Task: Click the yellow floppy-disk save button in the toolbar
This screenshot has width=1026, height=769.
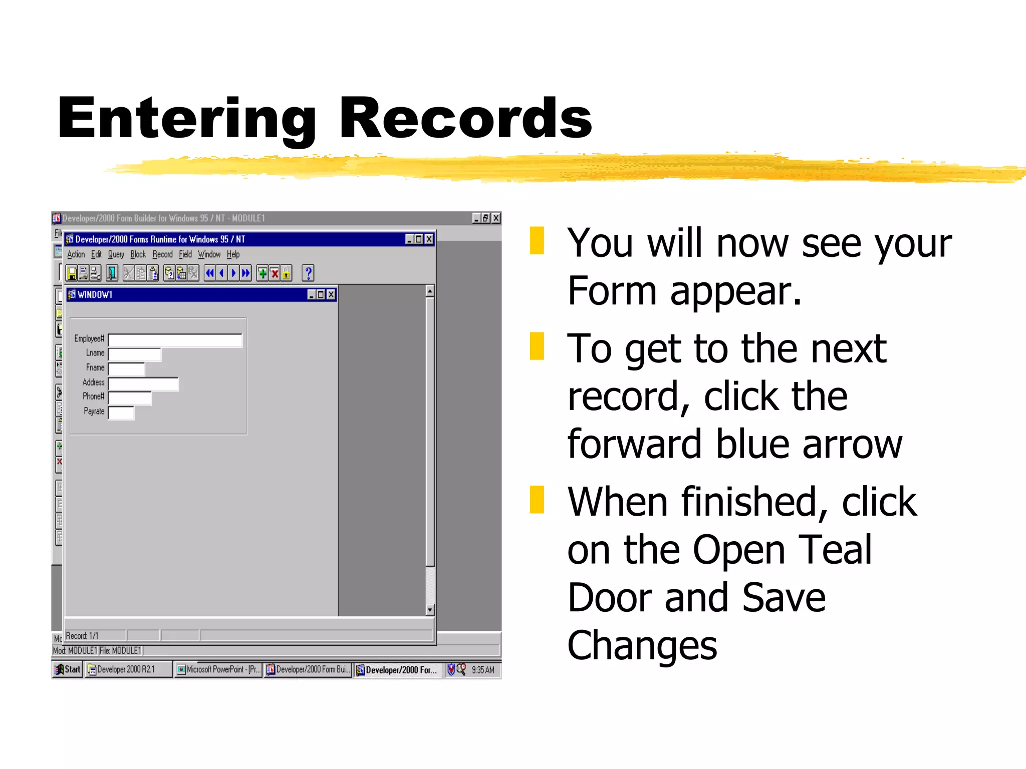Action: [x=72, y=273]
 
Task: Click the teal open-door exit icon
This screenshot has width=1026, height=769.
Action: [x=112, y=273]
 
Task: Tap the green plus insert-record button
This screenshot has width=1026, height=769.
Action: [x=262, y=273]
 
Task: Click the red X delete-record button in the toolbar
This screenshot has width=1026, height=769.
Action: [x=275, y=273]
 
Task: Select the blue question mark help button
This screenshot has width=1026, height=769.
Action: [x=308, y=273]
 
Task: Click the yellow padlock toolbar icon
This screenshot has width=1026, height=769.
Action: [x=286, y=273]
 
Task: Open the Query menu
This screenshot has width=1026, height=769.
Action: [x=116, y=255]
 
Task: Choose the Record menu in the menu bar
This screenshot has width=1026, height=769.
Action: [x=162, y=255]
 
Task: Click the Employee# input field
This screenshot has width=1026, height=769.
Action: [x=175, y=340]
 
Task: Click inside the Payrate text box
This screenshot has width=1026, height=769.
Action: [x=122, y=413]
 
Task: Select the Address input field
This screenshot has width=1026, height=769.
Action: [x=143, y=384]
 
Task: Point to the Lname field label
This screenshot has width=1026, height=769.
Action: [x=95, y=353]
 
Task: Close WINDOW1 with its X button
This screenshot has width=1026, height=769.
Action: [x=331, y=294]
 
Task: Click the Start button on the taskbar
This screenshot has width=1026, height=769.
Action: [x=68, y=669]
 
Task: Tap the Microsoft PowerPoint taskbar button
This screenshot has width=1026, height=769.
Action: [x=218, y=669]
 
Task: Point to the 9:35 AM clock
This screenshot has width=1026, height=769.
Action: [x=483, y=670]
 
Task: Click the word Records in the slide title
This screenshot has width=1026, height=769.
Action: [x=465, y=119]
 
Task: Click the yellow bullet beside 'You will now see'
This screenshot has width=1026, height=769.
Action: [x=537, y=241]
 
